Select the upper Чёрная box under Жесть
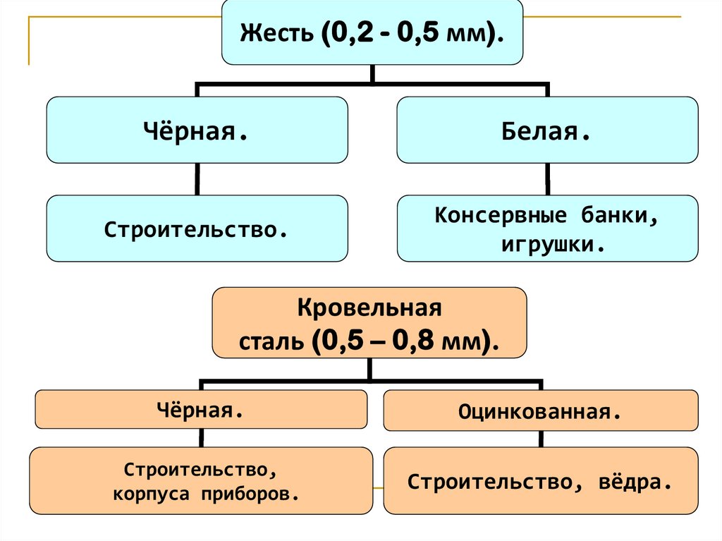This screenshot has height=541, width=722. pyautogui.click(x=197, y=130)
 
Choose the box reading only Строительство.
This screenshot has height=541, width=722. pyautogui.click(x=197, y=229)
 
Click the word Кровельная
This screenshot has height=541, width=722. pyautogui.click(x=369, y=309)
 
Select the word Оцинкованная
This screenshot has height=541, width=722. pyautogui.click(x=539, y=411)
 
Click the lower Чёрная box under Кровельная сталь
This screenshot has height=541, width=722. pyautogui.click(x=200, y=410)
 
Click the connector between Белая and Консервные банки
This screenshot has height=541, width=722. pyautogui.click(x=546, y=179)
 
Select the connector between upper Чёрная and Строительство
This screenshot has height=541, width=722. pyautogui.click(x=197, y=179)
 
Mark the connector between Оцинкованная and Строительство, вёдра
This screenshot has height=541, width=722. pyautogui.click(x=540, y=439)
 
